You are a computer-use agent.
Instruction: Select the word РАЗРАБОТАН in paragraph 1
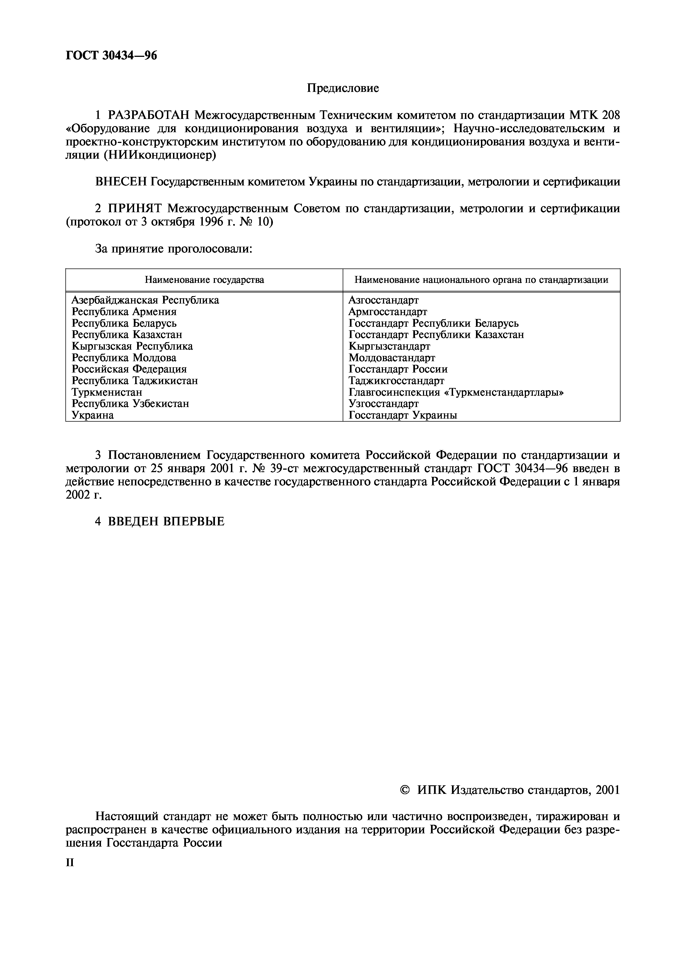(150, 115)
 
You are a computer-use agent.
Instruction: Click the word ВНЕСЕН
(121, 182)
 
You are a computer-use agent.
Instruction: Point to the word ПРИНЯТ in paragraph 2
(135, 209)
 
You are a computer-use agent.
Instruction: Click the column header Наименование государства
(204, 280)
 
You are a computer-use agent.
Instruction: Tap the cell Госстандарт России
(398, 369)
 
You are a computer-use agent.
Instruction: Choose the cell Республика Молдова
(124, 358)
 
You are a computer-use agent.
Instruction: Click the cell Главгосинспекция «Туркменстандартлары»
(456, 392)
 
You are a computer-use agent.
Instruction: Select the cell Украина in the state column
(92, 415)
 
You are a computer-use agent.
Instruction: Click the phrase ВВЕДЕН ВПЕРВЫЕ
(166, 522)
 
